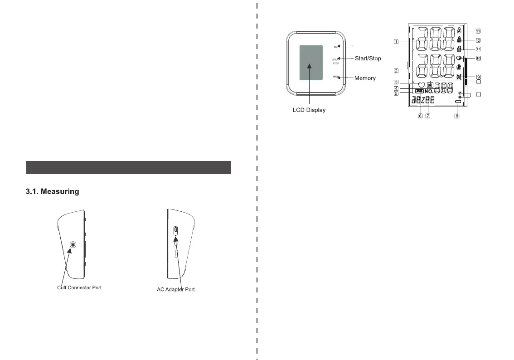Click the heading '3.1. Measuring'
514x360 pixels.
pyautogui.click(x=52, y=192)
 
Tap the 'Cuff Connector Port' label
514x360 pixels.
pyautogui.click(x=79, y=288)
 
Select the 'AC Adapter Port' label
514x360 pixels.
pyautogui.click(x=173, y=289)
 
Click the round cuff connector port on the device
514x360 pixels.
pyautogui.click(x=72, y=245)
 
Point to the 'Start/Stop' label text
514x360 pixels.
pyautogui.click(x=368, y=58)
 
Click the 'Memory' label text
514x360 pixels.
pyautogui.click(x=365, y=78)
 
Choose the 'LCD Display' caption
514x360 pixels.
pyautogui.click(x=309, y=110)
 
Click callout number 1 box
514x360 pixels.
pyautogui.click(x=396, y=42)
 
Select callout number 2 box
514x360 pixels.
pyautogui.click(x=396, y=71)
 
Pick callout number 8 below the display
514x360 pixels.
pyautogui.click(x=457, y=116)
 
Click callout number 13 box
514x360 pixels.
pyautogui.click(x=478, y=31)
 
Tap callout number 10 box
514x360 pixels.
pyautogui.click(x=478, y=58)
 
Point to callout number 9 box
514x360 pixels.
pyautogui.click(x=478, y=77)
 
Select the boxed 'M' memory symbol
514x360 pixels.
pyautogui.click(x=430, y=84)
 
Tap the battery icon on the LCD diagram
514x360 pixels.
pyautogui.click(x=458, y=102)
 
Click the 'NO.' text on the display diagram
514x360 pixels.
pyautogui.click(x=429, y=91)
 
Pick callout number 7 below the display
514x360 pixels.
pyautogui.click(x=427, y=116)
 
